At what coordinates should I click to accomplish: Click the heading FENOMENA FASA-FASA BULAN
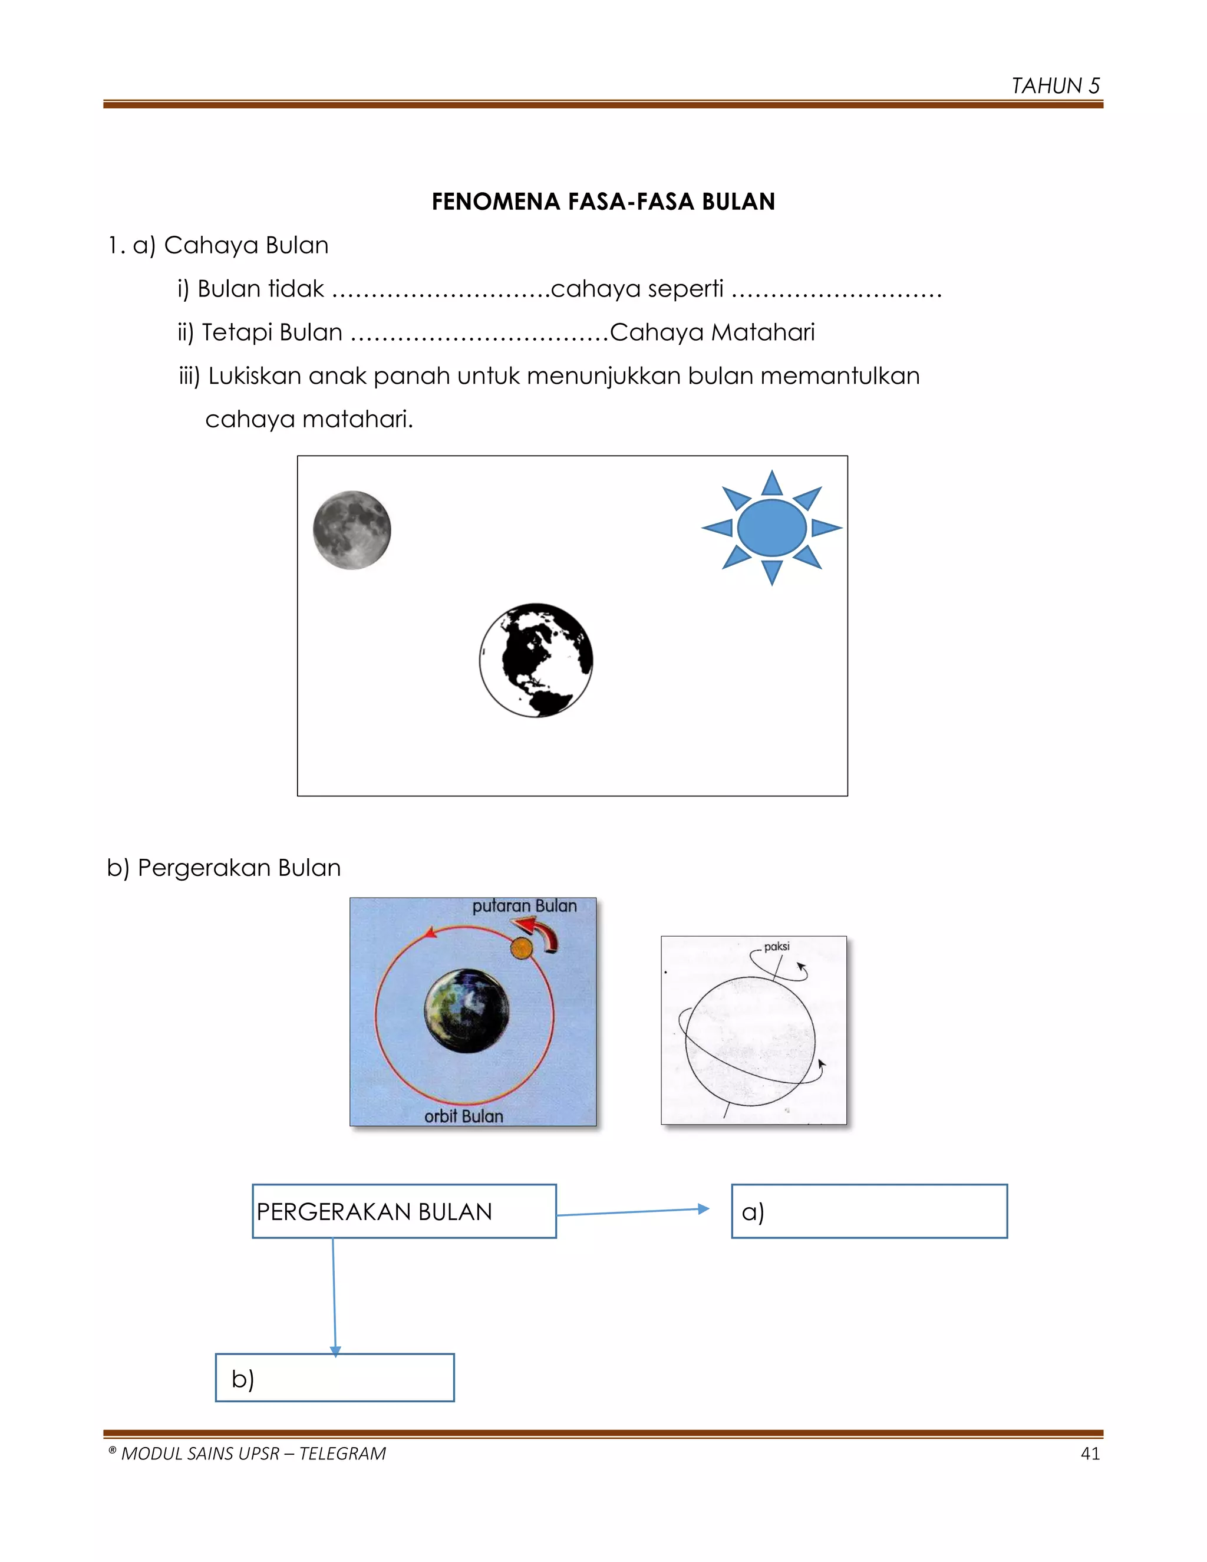603,202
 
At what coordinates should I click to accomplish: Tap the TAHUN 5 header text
1055,86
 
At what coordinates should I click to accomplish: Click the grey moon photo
352,530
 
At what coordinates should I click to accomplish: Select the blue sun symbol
771,528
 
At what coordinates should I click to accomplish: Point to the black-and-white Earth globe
536,660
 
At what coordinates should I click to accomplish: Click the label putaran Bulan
524,906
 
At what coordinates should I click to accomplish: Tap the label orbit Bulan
463,1116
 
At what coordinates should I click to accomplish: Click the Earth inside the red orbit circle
467,1011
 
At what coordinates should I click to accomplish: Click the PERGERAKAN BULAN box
404,1211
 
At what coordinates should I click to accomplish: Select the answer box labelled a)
869,1211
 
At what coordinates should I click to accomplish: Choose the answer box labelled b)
335,1378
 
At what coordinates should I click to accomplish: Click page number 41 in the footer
1090,1454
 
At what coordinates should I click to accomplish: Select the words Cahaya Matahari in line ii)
712,332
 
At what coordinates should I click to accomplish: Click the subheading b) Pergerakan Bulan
224,868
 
